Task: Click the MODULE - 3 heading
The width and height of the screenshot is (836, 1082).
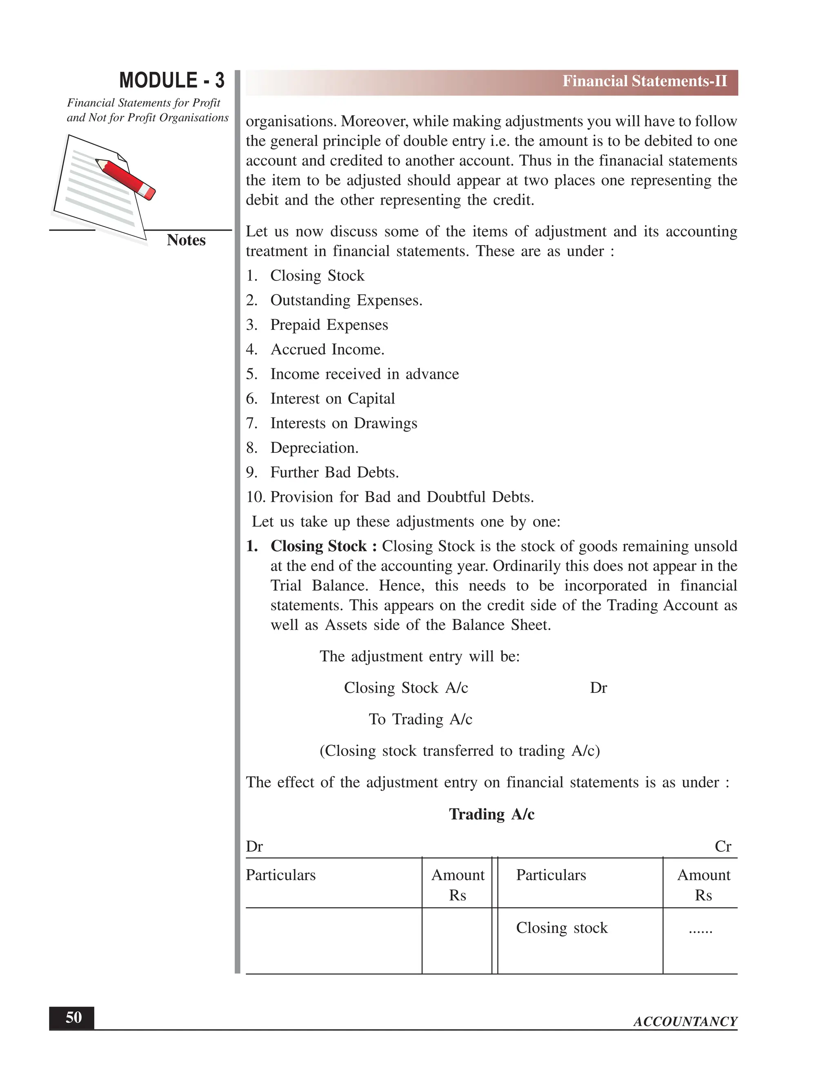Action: [x=171, y=80]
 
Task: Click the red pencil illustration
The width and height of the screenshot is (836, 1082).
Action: [x=125, y=178]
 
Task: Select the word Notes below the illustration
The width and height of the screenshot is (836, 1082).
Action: [x=186, y=240]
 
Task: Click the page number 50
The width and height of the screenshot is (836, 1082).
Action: [x=73, y=1017]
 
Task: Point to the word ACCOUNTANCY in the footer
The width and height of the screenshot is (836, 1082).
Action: [x=685, y=1022]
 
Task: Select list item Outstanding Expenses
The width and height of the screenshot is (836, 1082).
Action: [x=346, y=300]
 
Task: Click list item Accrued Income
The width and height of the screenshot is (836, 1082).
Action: [x=327, y=349]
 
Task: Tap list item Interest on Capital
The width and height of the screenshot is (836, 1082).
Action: [x=332, y=399]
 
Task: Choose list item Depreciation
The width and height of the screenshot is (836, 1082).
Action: [x=314, y=448]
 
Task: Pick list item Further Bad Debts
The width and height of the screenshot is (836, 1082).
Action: [x=334, y=472]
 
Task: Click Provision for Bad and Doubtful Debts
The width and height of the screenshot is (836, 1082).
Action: [x=402, y=497]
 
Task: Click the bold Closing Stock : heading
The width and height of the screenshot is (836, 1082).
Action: [x=323, y=546]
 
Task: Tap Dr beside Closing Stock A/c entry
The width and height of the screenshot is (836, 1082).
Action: [x=598, y=688]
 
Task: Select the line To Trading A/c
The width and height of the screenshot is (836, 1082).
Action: [x=420, y=719]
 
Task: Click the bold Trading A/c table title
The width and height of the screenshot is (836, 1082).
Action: [x=491, y=814]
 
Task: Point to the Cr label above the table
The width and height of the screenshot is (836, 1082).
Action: [x=723, y=846]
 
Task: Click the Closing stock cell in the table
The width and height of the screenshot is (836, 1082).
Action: [x=562, y=927]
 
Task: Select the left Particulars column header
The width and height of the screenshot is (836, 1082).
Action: [x=280, y=875]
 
